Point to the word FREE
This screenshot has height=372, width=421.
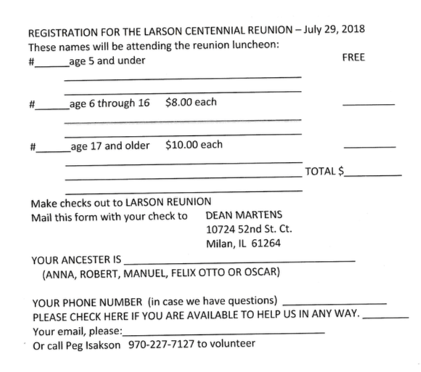(353, 57)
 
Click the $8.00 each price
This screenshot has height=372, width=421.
(191, 102)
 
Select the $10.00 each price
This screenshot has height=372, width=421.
(194, 145)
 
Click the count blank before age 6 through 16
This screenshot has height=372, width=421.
(50, 107)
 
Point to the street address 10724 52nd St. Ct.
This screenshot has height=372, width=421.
(249, 230)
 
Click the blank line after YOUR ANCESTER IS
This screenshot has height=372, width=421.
(240, 260)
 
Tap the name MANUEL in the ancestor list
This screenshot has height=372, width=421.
(144, 274)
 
